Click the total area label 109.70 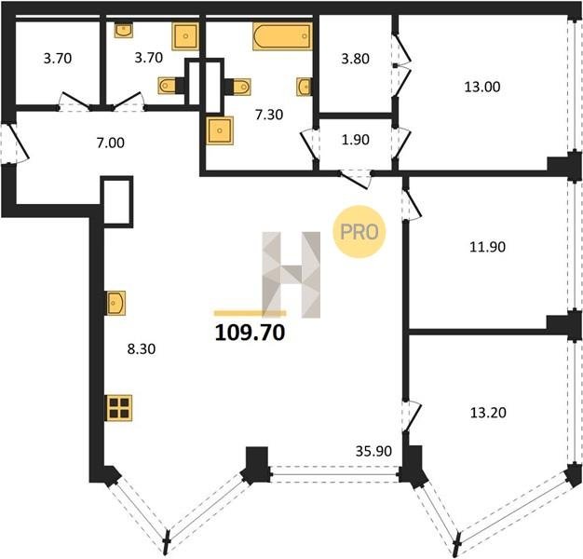250,332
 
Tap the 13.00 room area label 481,87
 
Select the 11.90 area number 487,247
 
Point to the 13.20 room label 488,413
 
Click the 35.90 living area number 373,451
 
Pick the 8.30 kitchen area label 142,348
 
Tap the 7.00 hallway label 111,143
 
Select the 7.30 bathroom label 269,115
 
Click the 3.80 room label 355,59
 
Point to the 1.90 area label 355,140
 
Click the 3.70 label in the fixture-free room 57,59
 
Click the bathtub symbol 282,36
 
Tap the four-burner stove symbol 119,408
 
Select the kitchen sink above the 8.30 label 116,303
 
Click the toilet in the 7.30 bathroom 238,87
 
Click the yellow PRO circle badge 359,232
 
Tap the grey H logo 291,275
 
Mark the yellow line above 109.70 250,313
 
